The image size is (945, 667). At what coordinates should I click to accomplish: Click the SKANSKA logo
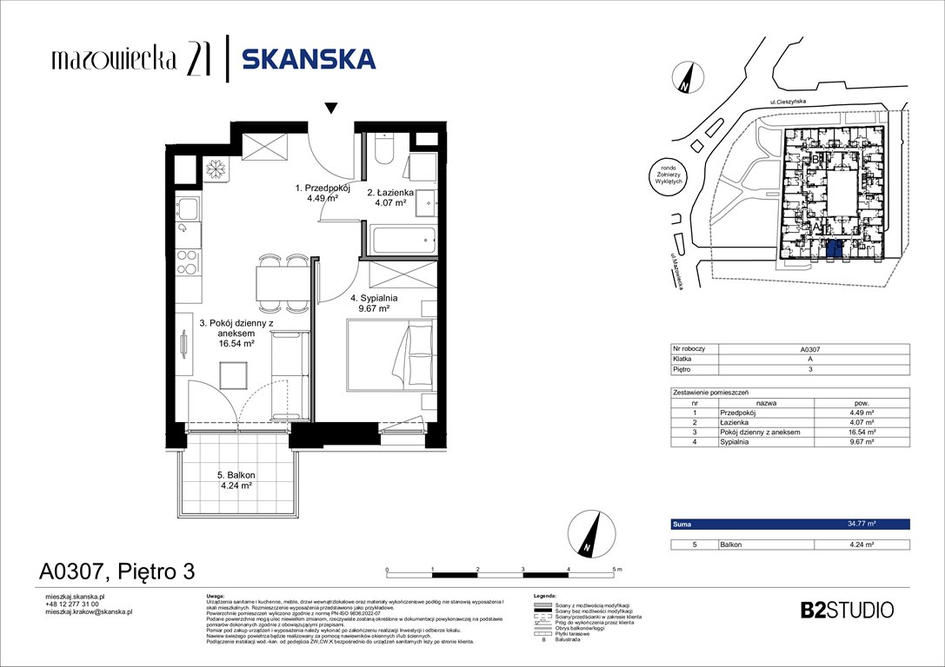[309, 59]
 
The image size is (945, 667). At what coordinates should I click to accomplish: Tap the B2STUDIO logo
[846, 610]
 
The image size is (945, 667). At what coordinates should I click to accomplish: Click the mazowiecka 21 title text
[128, 59]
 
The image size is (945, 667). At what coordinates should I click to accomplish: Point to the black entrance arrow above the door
[329, 109]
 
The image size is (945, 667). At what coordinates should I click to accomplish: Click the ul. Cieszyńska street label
[788, 102]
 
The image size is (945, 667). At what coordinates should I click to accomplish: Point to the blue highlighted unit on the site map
[833, 250]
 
